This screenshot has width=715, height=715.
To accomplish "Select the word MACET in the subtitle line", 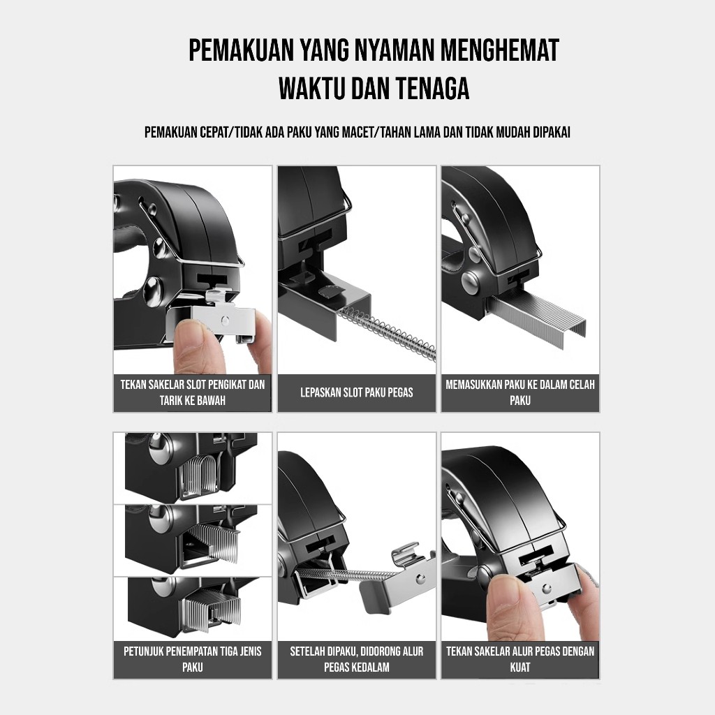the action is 356,132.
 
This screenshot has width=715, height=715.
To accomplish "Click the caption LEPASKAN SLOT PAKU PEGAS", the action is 357,392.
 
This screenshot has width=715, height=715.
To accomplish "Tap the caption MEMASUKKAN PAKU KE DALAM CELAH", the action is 520,385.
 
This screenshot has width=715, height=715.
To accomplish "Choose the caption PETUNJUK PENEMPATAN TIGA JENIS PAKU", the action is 193,659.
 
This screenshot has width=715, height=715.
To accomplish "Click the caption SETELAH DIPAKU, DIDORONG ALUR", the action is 357,651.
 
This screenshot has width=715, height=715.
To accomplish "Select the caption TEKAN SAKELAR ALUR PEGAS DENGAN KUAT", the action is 520,659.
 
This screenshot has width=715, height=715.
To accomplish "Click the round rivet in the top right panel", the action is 471,281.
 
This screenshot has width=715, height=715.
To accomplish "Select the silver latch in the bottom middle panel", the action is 401,579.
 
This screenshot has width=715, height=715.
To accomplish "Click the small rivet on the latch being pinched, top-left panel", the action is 224,320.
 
